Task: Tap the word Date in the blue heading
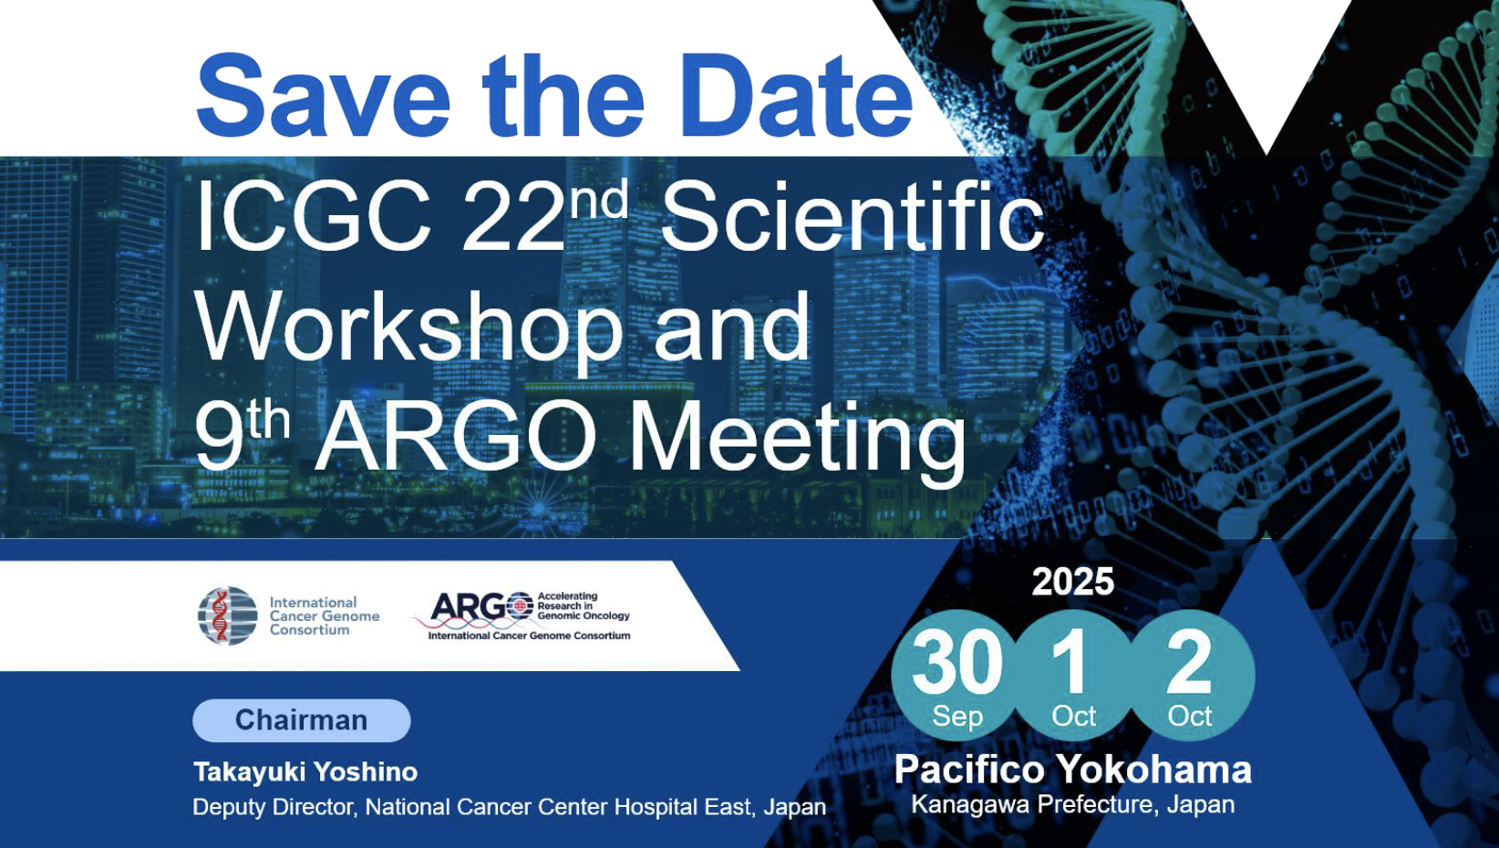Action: (796, 97)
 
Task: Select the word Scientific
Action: (852, 215)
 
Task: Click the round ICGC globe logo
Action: (228, 615)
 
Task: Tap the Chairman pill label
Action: (302, 720)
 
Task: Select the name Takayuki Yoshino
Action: (305, 771)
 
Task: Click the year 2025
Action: (1072, 582)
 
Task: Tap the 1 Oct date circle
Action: (1073, 676)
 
